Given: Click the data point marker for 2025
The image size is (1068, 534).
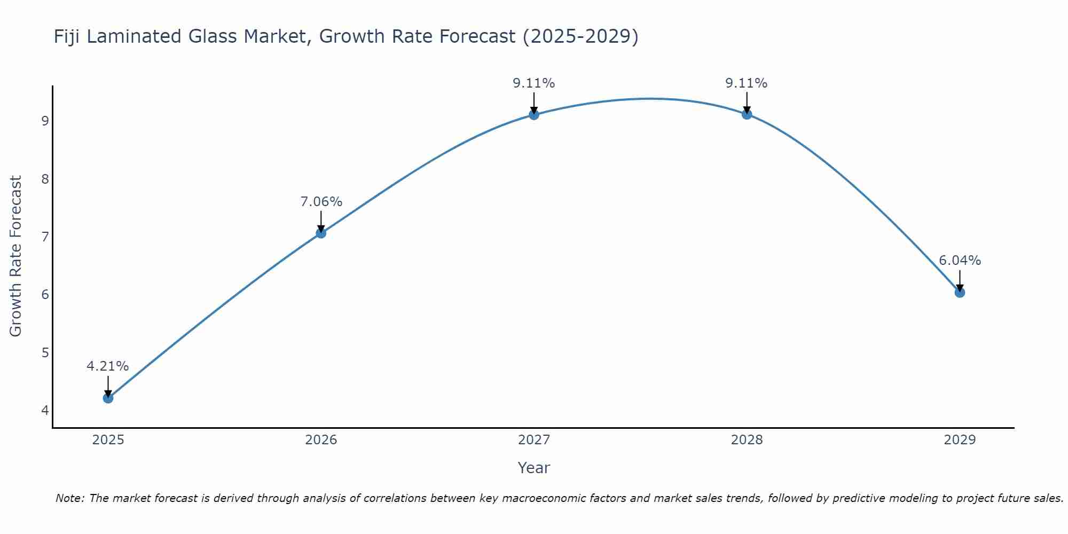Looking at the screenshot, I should click(x=108, y=398).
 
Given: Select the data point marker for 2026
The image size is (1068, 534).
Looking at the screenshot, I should click(x=321, y=233).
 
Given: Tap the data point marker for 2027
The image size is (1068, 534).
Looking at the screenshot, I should click(x=534, y=114).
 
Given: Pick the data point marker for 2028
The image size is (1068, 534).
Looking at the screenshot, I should click(x=747, y=114).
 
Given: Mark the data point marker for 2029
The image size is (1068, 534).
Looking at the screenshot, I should click(x=960, y=292).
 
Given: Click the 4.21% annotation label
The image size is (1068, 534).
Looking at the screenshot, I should click(x=108, y=366).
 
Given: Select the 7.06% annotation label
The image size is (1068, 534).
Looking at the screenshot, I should click(x=321, y=202).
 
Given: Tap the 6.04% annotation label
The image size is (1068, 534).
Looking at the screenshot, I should click(x=960, y=261).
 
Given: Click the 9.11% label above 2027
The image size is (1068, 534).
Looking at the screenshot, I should click(x=534, y=83).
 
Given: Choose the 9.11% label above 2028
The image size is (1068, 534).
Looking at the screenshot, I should click(x=747, y=83).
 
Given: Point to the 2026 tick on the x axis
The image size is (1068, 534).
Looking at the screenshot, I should click(x=321, y=440).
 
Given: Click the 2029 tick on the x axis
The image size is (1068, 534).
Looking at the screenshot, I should click(x=960, y=440).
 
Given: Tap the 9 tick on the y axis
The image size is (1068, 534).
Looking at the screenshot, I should click(x=45, y=121).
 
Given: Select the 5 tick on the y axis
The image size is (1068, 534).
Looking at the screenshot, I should click(x=45, y=353).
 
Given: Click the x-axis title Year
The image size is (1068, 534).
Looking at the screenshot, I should click(x=534, y=468).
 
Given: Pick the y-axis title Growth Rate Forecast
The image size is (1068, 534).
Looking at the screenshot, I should click(x=16, y=256).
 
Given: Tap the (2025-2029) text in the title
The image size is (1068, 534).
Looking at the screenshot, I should click(x=580, y=37).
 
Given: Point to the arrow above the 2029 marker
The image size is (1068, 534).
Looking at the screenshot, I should click(x=960, y=280).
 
